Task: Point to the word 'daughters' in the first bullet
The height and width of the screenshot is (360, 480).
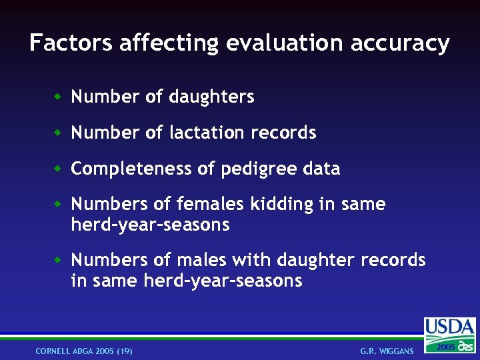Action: coord(211,97)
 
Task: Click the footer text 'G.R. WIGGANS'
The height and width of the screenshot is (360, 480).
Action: coord(387,351)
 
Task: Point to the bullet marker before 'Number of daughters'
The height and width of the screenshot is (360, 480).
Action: coord(59,97)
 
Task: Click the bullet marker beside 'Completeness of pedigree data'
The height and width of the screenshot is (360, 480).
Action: coord(59,169)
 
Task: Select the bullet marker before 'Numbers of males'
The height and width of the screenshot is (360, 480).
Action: coord(59,259)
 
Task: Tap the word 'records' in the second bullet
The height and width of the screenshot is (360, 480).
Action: coord(283,133)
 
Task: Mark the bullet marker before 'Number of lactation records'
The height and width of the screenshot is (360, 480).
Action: coord(59,133)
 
